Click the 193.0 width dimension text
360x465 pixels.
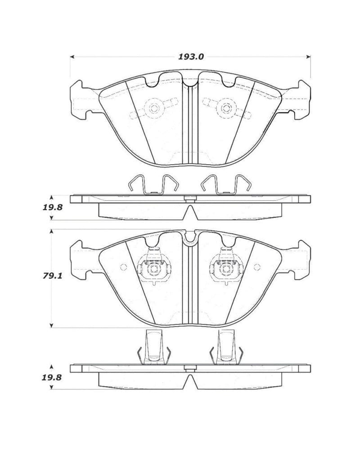(x=192, y=57)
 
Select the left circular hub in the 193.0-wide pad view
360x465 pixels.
(x=154, y=108)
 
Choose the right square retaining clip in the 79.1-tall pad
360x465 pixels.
(x=225, y=269)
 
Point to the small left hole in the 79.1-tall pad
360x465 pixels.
(x=123, y=266)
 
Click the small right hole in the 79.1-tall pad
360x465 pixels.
(x=257, y=266)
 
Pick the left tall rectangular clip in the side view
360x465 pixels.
(x=154, y=346)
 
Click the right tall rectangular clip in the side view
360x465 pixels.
(x=226, y=346)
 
